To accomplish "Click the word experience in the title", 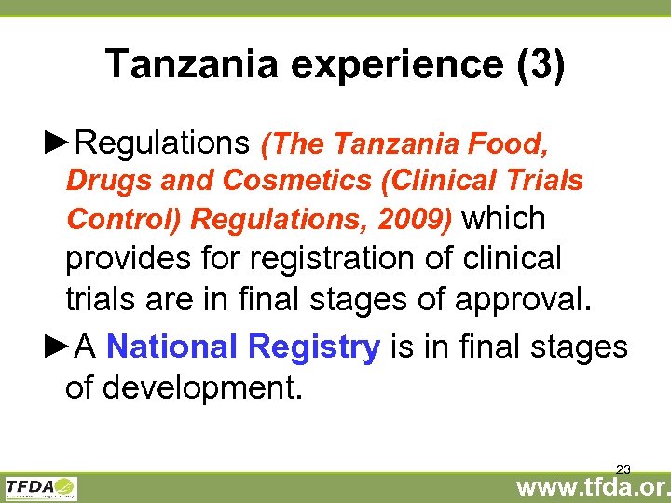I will (381, 65).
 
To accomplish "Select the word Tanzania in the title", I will (190, 65).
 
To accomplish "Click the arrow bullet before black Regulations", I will (58, 143).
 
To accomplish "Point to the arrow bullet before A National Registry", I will (58, 347).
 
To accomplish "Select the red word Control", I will (124, 219).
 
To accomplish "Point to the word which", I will (504, 218).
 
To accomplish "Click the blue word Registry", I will (315, 347).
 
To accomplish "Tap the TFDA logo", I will (42, 488).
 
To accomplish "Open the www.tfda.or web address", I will (593, 487).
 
